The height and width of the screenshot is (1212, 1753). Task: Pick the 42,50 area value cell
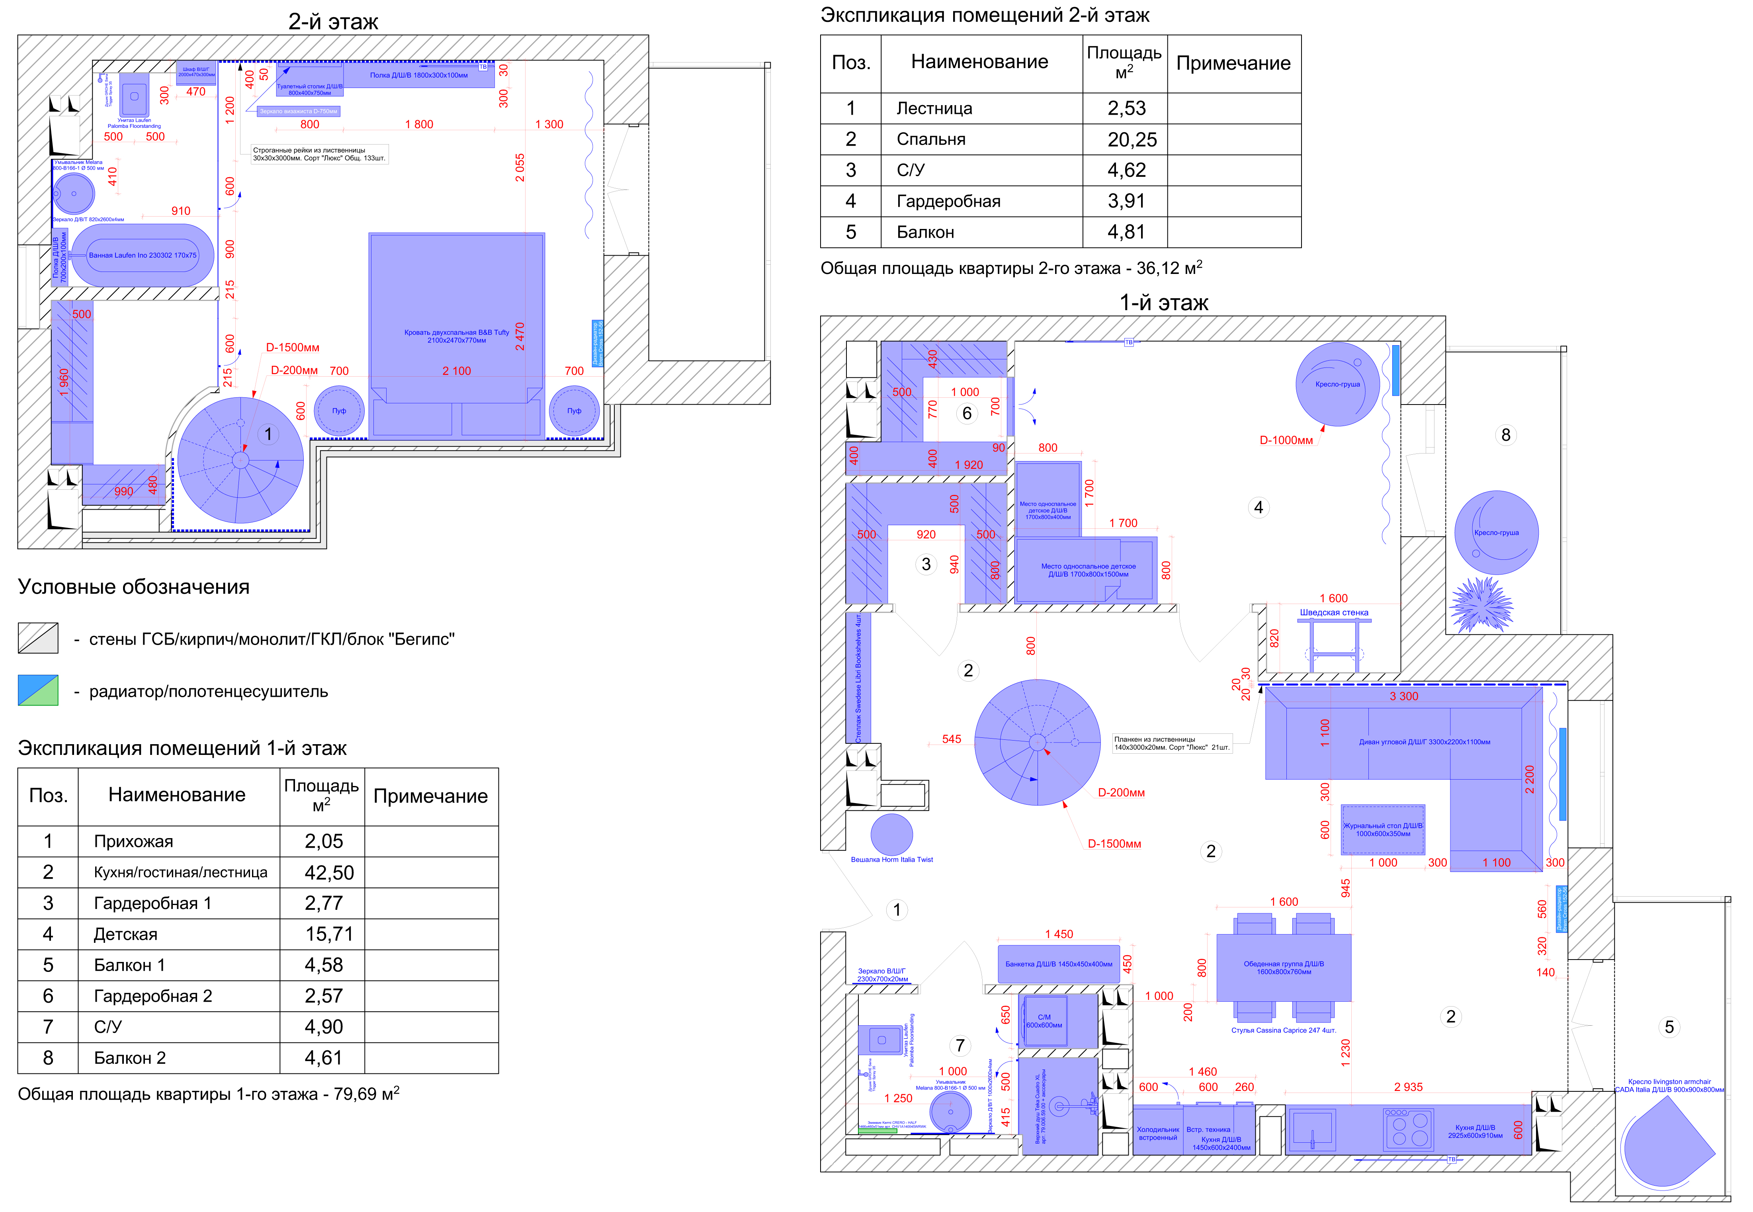tap(329, 872)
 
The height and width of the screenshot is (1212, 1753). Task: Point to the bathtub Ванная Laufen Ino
tap(143, 255)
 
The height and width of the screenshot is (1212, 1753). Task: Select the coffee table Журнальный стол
tap(1382, 829)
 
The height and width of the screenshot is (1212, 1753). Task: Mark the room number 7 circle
tap(960, 1046)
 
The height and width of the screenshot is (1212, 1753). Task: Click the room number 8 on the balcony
tap(1505, 435)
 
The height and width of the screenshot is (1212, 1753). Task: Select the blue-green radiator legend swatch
tap(38, 691)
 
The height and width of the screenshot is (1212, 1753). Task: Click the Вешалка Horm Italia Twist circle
tap(891, 834)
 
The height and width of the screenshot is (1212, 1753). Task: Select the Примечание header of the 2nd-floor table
tap(1233, 64)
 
